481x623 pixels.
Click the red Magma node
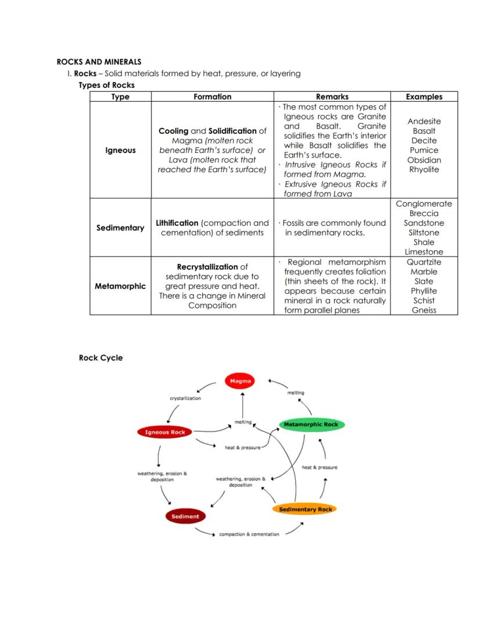tap(240, 382)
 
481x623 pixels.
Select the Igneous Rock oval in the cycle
tap(165, 432)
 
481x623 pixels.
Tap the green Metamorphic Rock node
tap(311, 425)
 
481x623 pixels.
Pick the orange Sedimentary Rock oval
tap(305, 510)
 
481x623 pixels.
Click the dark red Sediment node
tap(185, 516)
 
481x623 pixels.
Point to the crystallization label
tap(185, 398)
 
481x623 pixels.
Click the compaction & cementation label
tap(249, 534)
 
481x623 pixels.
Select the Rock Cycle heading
tap(100, 358)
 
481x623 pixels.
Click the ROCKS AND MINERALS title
tap(99, 62)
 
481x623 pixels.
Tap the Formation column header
tap(212, 97)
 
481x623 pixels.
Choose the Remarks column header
tap(332, 97)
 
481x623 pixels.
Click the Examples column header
tap(423, 97)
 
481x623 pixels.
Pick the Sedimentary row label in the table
tap(120, 228)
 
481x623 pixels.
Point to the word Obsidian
tap(423, 160)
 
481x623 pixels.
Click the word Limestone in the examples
tap(423, 252)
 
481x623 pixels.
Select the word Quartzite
tap(423, 262)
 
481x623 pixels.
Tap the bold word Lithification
tap(177, 223)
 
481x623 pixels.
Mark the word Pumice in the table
tap(423, 150)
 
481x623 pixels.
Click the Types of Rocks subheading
tap(106, 85)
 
